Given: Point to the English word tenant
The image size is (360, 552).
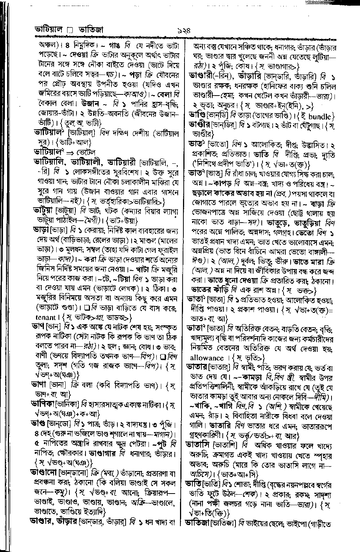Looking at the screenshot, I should (x=45, y=317).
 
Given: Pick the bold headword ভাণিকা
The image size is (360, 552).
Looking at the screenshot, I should (x=43, y=404).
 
